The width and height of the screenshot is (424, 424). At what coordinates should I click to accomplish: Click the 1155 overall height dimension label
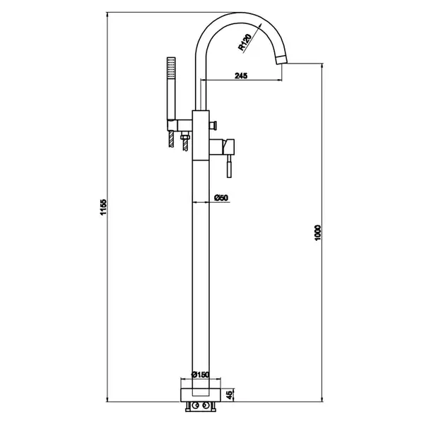[104, 207]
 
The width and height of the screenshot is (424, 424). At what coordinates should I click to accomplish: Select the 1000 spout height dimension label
[318, 232]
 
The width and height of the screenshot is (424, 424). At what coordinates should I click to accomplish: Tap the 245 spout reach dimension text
[241, 76]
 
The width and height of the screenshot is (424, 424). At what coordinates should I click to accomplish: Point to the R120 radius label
[245, 42]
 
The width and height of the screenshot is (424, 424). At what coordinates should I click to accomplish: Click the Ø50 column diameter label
[221, 198]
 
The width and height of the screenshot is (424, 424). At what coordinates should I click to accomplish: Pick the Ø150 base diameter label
[201, 375]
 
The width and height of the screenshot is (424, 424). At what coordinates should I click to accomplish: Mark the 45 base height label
[229, 395]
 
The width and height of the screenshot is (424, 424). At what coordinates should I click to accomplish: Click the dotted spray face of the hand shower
[171, 68]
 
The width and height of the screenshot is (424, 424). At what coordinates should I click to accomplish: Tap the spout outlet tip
[281, 60]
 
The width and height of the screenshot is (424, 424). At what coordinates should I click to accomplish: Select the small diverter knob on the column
[213, 125]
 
